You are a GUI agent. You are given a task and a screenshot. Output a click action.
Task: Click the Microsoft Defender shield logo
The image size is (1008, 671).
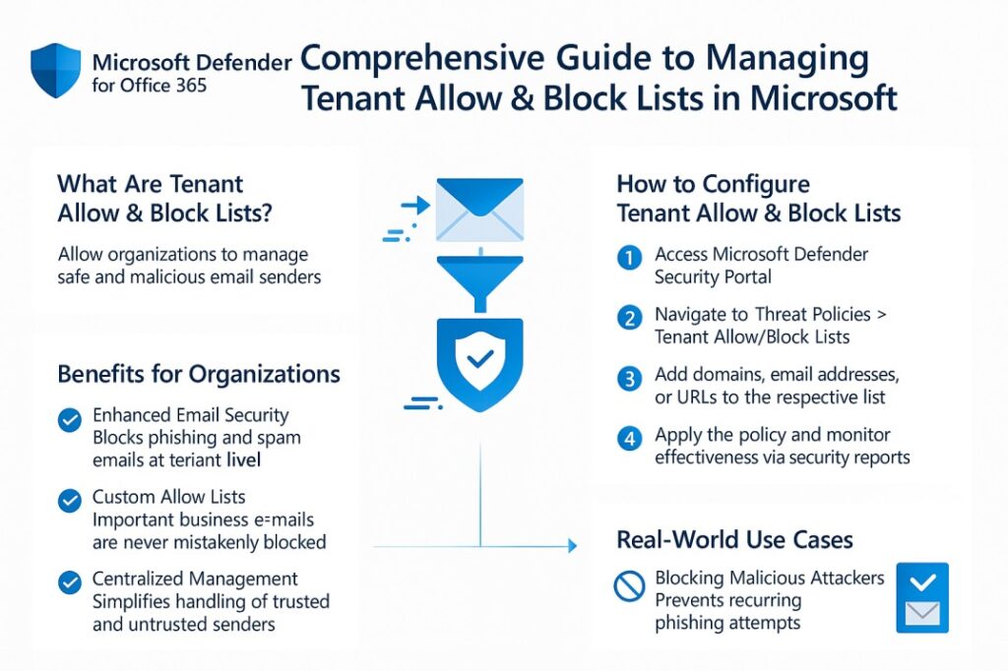tap(55, 71)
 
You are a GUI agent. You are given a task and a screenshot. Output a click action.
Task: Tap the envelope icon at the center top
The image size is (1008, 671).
tap(479, 209)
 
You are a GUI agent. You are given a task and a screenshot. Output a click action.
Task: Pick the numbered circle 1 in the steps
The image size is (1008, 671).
tap(628, 259)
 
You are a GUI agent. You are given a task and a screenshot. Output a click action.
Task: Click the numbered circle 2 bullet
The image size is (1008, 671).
tap(628, 318)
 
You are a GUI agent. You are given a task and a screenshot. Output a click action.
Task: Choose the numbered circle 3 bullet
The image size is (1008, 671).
tap(628, 378)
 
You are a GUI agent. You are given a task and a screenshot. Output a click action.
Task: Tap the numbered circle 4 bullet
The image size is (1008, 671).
tap(628, 439)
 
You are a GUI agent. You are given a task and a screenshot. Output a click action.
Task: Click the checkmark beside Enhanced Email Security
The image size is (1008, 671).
tap(70, 421)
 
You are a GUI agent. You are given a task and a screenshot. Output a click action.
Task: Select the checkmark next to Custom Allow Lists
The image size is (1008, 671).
tap(70, 502)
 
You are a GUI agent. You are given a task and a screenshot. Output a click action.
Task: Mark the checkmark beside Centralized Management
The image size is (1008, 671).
tap(70, 582)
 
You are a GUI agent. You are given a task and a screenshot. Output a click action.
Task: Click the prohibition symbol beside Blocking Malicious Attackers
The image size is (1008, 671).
tap(628, 586)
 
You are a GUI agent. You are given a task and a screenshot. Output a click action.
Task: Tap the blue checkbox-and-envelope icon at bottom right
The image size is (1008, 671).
tap(922, 598)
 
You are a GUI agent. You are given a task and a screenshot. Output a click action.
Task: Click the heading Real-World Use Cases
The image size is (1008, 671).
tap(734, 539)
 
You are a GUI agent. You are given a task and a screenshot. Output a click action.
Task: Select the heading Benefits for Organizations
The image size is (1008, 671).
tap(199, 374)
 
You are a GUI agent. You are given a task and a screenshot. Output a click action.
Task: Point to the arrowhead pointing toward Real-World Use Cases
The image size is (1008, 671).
tap(568, 544)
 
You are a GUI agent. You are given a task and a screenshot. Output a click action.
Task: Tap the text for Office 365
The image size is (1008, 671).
tap(150, 86)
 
